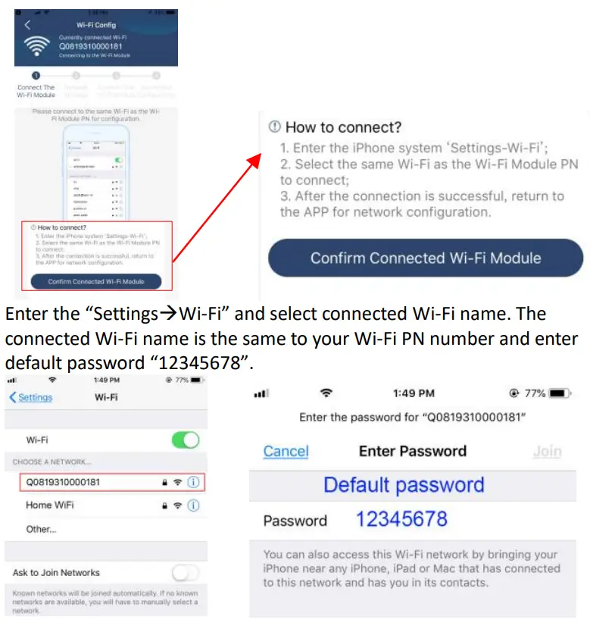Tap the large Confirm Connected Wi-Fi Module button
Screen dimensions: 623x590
coord(426,258)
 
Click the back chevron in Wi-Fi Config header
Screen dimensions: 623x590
coord(28,25)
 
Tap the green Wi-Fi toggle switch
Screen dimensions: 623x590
coord(186,440)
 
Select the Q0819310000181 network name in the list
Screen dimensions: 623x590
coord(63,482)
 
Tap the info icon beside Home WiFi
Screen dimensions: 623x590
coord(194,505)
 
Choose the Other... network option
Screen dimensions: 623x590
coord(41,529)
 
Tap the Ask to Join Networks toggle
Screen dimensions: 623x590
coord(186,572)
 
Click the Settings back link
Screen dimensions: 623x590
coord(31,397)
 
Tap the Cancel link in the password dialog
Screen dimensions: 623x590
coord(286,452)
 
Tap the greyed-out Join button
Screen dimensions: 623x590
coord(547,452)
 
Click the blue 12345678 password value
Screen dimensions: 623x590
coord(401,519)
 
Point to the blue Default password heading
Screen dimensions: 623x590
coord(404,485)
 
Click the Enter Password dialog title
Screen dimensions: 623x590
coord(413,452)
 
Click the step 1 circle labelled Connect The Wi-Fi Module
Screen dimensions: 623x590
coord(35,76)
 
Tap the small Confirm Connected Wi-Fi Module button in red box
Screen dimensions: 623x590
coord(95,281)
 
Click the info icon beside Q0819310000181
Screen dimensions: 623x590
coord(194,482)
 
